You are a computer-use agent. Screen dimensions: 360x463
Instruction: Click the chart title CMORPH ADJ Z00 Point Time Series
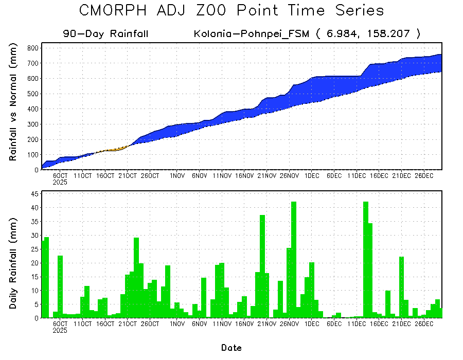pos(232,11)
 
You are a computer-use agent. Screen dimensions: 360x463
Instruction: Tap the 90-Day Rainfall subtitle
pos(106,34)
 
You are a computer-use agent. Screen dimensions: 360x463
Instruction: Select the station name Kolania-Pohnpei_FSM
pos(252,34)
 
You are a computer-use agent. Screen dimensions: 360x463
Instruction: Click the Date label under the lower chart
pos(232,348)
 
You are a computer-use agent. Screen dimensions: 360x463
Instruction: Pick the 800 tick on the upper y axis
pos(32,48)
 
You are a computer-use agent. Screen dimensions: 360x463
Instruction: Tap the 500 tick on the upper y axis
pos(32,94)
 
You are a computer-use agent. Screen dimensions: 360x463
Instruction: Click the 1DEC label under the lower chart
pos(312,325)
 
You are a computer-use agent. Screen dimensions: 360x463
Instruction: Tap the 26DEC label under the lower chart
pos(424,325)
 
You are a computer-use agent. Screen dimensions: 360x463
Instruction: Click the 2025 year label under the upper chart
pos(60,182)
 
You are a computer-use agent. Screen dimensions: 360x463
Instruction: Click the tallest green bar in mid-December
pos(366,260)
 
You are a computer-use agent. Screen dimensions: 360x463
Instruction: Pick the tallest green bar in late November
pos(294,260)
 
